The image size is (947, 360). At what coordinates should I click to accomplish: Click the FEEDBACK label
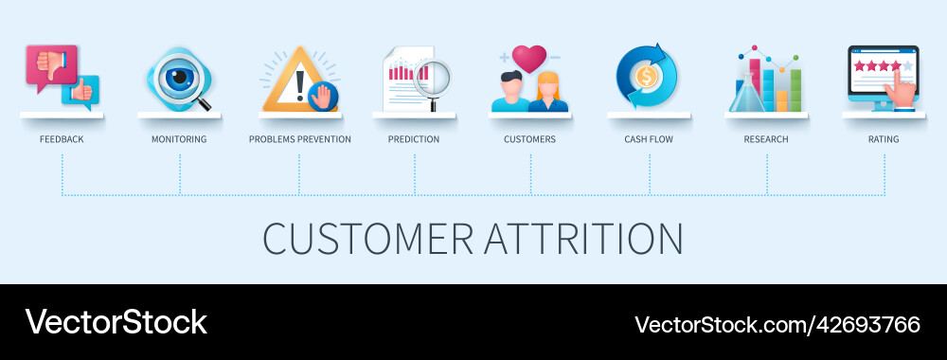[62, 139]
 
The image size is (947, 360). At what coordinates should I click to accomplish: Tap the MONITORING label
[179, 139]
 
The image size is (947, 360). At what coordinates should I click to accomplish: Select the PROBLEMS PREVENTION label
[299, 139]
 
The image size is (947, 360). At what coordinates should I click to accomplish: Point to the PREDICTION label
[414, 139]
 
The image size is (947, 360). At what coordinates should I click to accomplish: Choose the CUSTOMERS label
[529, 139]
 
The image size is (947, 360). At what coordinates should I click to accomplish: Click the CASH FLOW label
[649, 139]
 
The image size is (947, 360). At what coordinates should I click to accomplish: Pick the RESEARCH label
[766, 139]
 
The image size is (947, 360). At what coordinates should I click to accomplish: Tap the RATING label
[884, 139]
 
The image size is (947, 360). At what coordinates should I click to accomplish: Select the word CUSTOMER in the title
[368, 239]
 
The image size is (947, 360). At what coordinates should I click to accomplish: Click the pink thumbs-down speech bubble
[49, 64]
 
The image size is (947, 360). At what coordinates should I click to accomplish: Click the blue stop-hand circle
[324, 97]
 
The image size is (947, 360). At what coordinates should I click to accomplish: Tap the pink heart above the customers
[529, 59]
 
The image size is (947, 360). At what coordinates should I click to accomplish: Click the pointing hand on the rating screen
[902, 93]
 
